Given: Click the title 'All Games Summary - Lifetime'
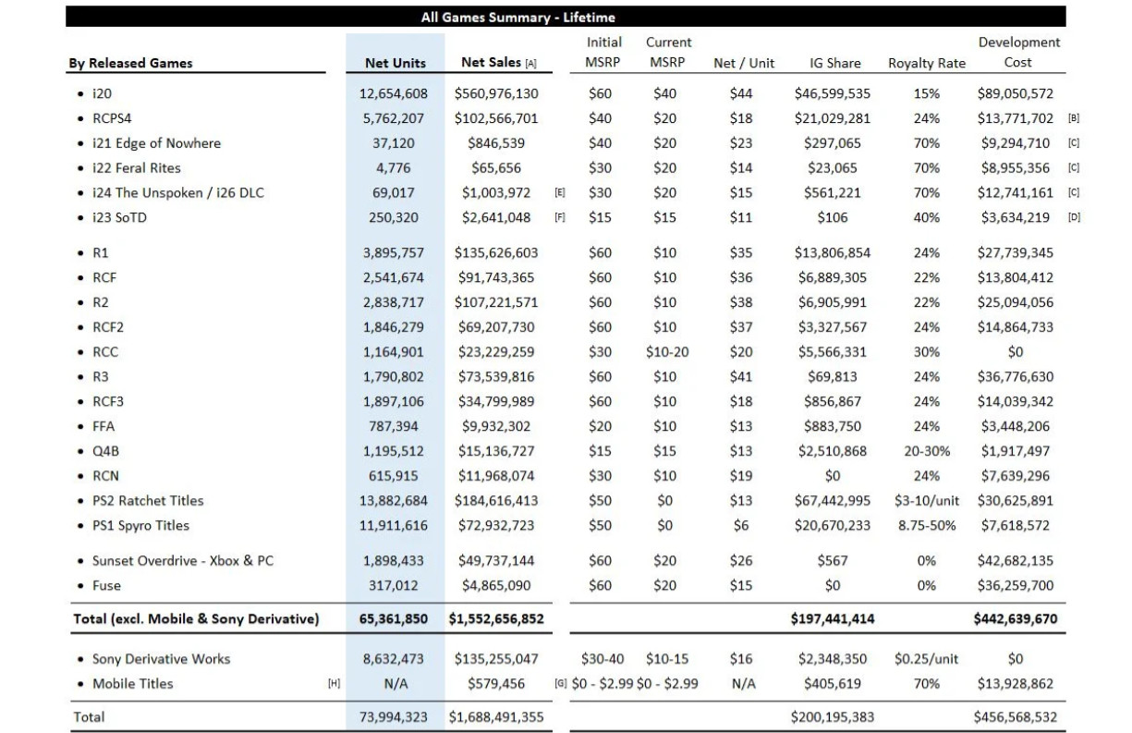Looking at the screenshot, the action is click(x=518, y=18).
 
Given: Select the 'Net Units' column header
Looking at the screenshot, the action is click(x=396, y=63).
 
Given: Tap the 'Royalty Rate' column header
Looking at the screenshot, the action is click(x=927, y=63).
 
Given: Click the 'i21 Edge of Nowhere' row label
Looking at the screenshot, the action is click(x=157, y=143).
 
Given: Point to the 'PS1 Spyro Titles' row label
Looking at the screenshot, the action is click(x=141, y=525).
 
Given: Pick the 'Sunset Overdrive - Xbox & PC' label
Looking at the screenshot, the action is click(x=183, y=561).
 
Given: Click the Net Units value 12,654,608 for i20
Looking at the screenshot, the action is click(x=393, y=93).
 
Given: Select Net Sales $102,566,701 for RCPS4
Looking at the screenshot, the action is click(x=496, y=118).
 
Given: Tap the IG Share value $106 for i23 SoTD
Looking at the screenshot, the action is click(x=833, y=217).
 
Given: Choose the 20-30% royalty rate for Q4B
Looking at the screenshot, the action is click(x=927, y=451).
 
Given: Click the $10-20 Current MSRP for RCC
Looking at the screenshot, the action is click(x=667, y=352).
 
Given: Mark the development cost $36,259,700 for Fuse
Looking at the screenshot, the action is click(x=1016, y=585).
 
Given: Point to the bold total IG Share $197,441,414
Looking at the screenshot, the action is click(x=833, y=618).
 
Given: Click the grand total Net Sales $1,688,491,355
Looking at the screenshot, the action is click(x=496, y=716).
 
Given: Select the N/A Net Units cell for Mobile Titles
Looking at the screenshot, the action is click(x=396, y=683).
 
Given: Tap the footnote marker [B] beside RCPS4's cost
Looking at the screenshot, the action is click(x=1074, y=118).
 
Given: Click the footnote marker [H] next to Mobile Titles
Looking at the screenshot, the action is click(x=334, y=683).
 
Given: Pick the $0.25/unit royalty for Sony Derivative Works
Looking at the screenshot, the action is click(x=926, y=659).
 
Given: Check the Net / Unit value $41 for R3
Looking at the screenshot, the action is click(x=741, y=376).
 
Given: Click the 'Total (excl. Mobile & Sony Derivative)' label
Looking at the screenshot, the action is click(x=196, y=618).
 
